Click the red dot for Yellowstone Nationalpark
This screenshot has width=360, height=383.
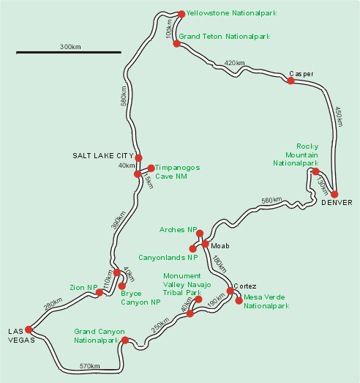click(181, 14)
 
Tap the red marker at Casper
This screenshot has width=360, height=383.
click(290, 81)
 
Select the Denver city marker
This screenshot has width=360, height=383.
click(334, 195)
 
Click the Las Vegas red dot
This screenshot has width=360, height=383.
click(29, 330)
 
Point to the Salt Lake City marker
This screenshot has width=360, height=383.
click(138, 157)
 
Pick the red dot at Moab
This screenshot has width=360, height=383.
click(206, 244)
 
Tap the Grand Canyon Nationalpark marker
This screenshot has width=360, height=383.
click(125, 340)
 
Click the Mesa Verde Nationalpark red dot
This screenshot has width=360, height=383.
click(239, 301)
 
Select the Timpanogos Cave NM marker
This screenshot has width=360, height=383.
click(151, 168)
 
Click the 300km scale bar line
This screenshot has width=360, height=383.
click(69, 52)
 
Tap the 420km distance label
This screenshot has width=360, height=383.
click(234, 63)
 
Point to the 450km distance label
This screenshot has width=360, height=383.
click(339, 116)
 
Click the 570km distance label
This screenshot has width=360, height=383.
click(89, 366)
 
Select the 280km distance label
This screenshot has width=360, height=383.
click(53, 304)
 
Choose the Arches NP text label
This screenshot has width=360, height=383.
click(178, 230)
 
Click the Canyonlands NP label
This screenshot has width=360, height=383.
click(168, 258)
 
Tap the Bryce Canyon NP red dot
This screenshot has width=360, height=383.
click(121, 286)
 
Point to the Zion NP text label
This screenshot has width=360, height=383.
click(83, 288)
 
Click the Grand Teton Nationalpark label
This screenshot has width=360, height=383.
click(225, 37)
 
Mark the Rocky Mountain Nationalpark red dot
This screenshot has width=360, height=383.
click(315, 171)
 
